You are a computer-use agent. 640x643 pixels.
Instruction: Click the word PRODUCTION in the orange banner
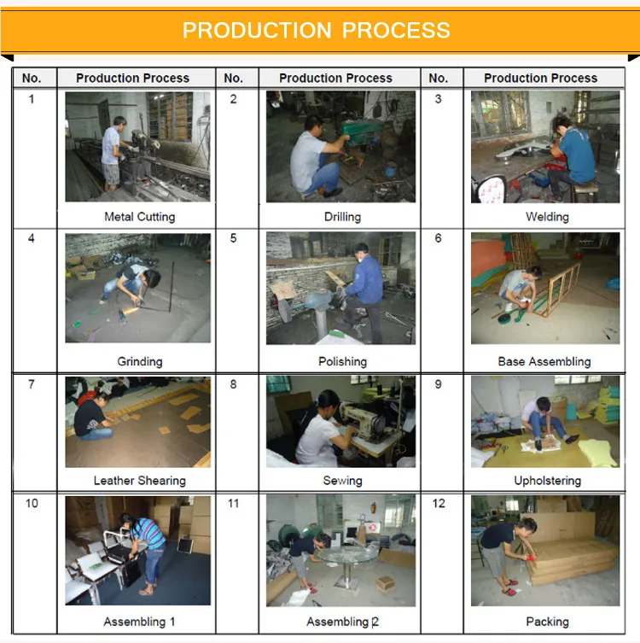[257, 31]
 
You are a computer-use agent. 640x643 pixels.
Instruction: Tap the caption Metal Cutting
[140, 217]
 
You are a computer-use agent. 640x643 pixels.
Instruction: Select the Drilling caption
[342, 217]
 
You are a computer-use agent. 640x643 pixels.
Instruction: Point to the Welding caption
[547, 217]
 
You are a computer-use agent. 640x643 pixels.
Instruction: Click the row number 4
[31, 238]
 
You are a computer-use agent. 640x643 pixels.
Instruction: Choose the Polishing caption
[342, 361]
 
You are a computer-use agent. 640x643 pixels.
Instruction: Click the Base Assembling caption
[544, 361]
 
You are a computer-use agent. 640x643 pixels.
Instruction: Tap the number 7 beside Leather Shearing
[31, 384]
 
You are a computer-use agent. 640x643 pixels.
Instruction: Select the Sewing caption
[342, 480]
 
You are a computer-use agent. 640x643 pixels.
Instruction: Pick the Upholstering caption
[547, 480]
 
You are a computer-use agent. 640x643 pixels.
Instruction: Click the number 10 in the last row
[32, 503]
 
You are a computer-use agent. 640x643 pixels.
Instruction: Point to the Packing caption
[547, 622]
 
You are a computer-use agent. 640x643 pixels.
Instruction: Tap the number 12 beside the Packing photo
[439, 503]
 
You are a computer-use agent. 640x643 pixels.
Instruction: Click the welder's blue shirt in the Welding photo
[578, 155]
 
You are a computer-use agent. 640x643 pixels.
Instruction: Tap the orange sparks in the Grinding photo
[131, 311]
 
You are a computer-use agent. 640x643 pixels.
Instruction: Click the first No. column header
[32, 78]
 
